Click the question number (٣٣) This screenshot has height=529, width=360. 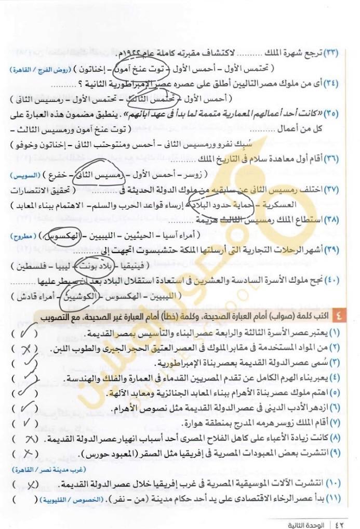click(x=331, y=54)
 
